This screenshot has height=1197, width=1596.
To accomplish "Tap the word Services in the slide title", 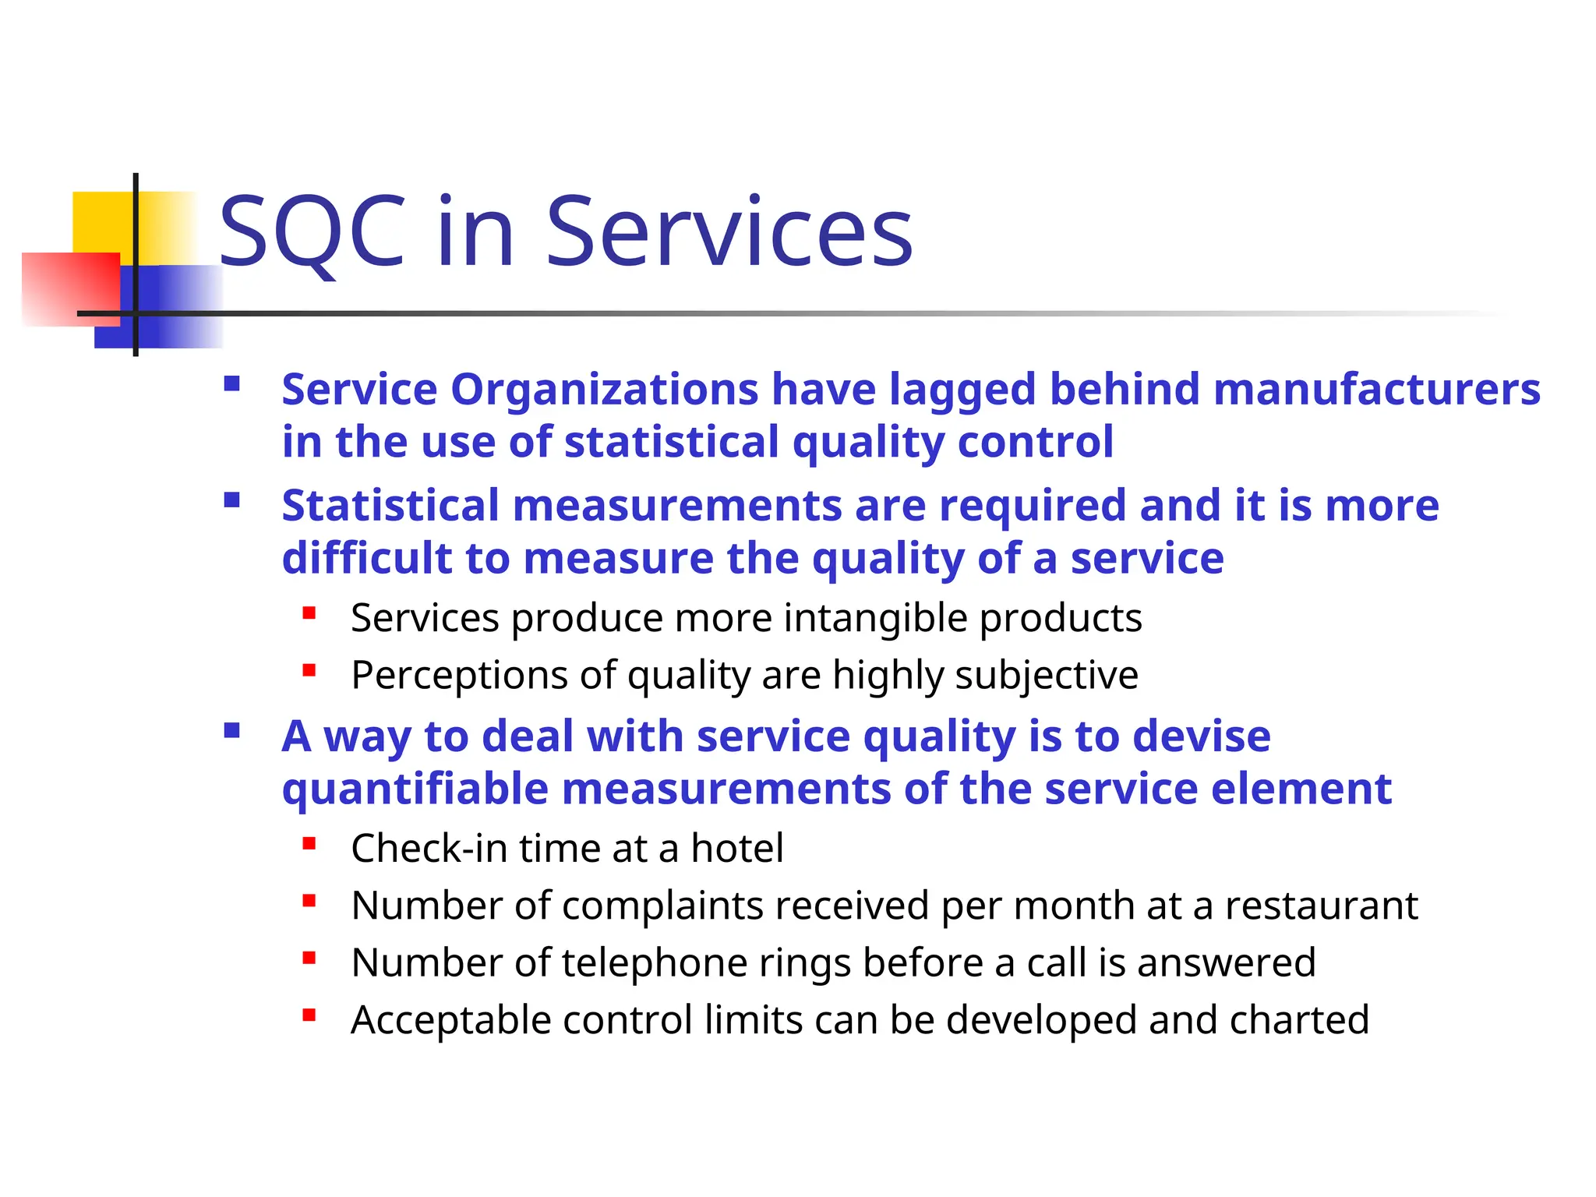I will (729, 231).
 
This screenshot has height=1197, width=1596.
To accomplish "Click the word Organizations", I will (604, 389).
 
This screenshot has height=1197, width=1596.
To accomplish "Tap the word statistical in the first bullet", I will (671, 442).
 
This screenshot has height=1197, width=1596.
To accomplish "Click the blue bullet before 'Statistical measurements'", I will (231, 500).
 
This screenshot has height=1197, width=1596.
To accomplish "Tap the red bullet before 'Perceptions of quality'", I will (309, 670).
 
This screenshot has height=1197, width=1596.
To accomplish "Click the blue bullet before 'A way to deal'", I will (231, 730).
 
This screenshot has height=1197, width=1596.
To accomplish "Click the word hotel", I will (737, 848).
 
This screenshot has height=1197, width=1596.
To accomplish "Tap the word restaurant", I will (1321, 906).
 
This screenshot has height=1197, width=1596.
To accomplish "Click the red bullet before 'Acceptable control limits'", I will (309, 1015).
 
